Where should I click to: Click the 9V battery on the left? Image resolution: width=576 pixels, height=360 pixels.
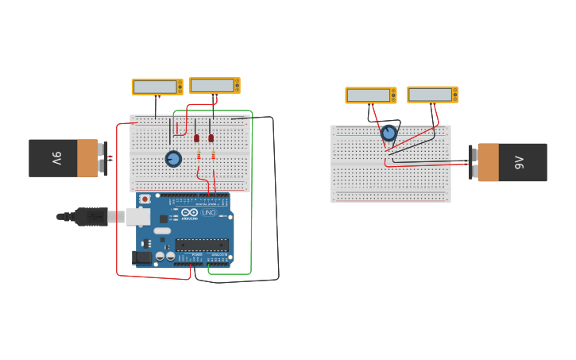click(x=64, y=158)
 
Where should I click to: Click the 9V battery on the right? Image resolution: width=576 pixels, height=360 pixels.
click(x=512, y=162)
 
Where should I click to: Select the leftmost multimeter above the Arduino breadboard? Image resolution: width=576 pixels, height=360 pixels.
click(x=157, y=87)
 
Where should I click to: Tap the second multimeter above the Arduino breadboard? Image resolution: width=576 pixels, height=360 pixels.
click(x=214, y=85)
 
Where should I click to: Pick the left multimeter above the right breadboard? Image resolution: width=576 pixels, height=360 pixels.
click(x=370, y=95)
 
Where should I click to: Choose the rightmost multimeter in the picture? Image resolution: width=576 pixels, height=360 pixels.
click(x=432, y=95)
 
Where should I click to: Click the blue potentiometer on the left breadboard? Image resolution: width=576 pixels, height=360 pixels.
click(x=173, y=159)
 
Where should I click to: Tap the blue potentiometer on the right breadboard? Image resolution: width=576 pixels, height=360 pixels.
click(x=389, y=133)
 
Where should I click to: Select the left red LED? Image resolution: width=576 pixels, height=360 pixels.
click(x=197, y=138)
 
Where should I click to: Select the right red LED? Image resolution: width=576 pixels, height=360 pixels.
click(x=211, y=138)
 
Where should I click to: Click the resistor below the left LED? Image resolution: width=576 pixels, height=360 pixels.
click(x=198, y=155)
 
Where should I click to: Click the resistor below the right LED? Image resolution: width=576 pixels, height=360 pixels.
click(x=213, y=155)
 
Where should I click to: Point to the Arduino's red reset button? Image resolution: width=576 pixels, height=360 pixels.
click(x=145, y=199)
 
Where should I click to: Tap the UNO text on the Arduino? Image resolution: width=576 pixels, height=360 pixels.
click(x=209, y=213)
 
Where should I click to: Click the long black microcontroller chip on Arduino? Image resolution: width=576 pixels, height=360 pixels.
click(x=202, y=245)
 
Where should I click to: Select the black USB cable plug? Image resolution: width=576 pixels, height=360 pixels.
click(x=91, y=216)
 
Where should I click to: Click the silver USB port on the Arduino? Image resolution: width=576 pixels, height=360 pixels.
click(x=138, y=216)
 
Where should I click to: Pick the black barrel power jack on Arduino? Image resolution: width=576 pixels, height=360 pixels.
click(x=142, y=257)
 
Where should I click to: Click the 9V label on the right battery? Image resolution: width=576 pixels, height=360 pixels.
click(x=520, y=162)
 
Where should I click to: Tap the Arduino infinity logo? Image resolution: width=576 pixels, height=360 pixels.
click(x=189, y=213)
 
